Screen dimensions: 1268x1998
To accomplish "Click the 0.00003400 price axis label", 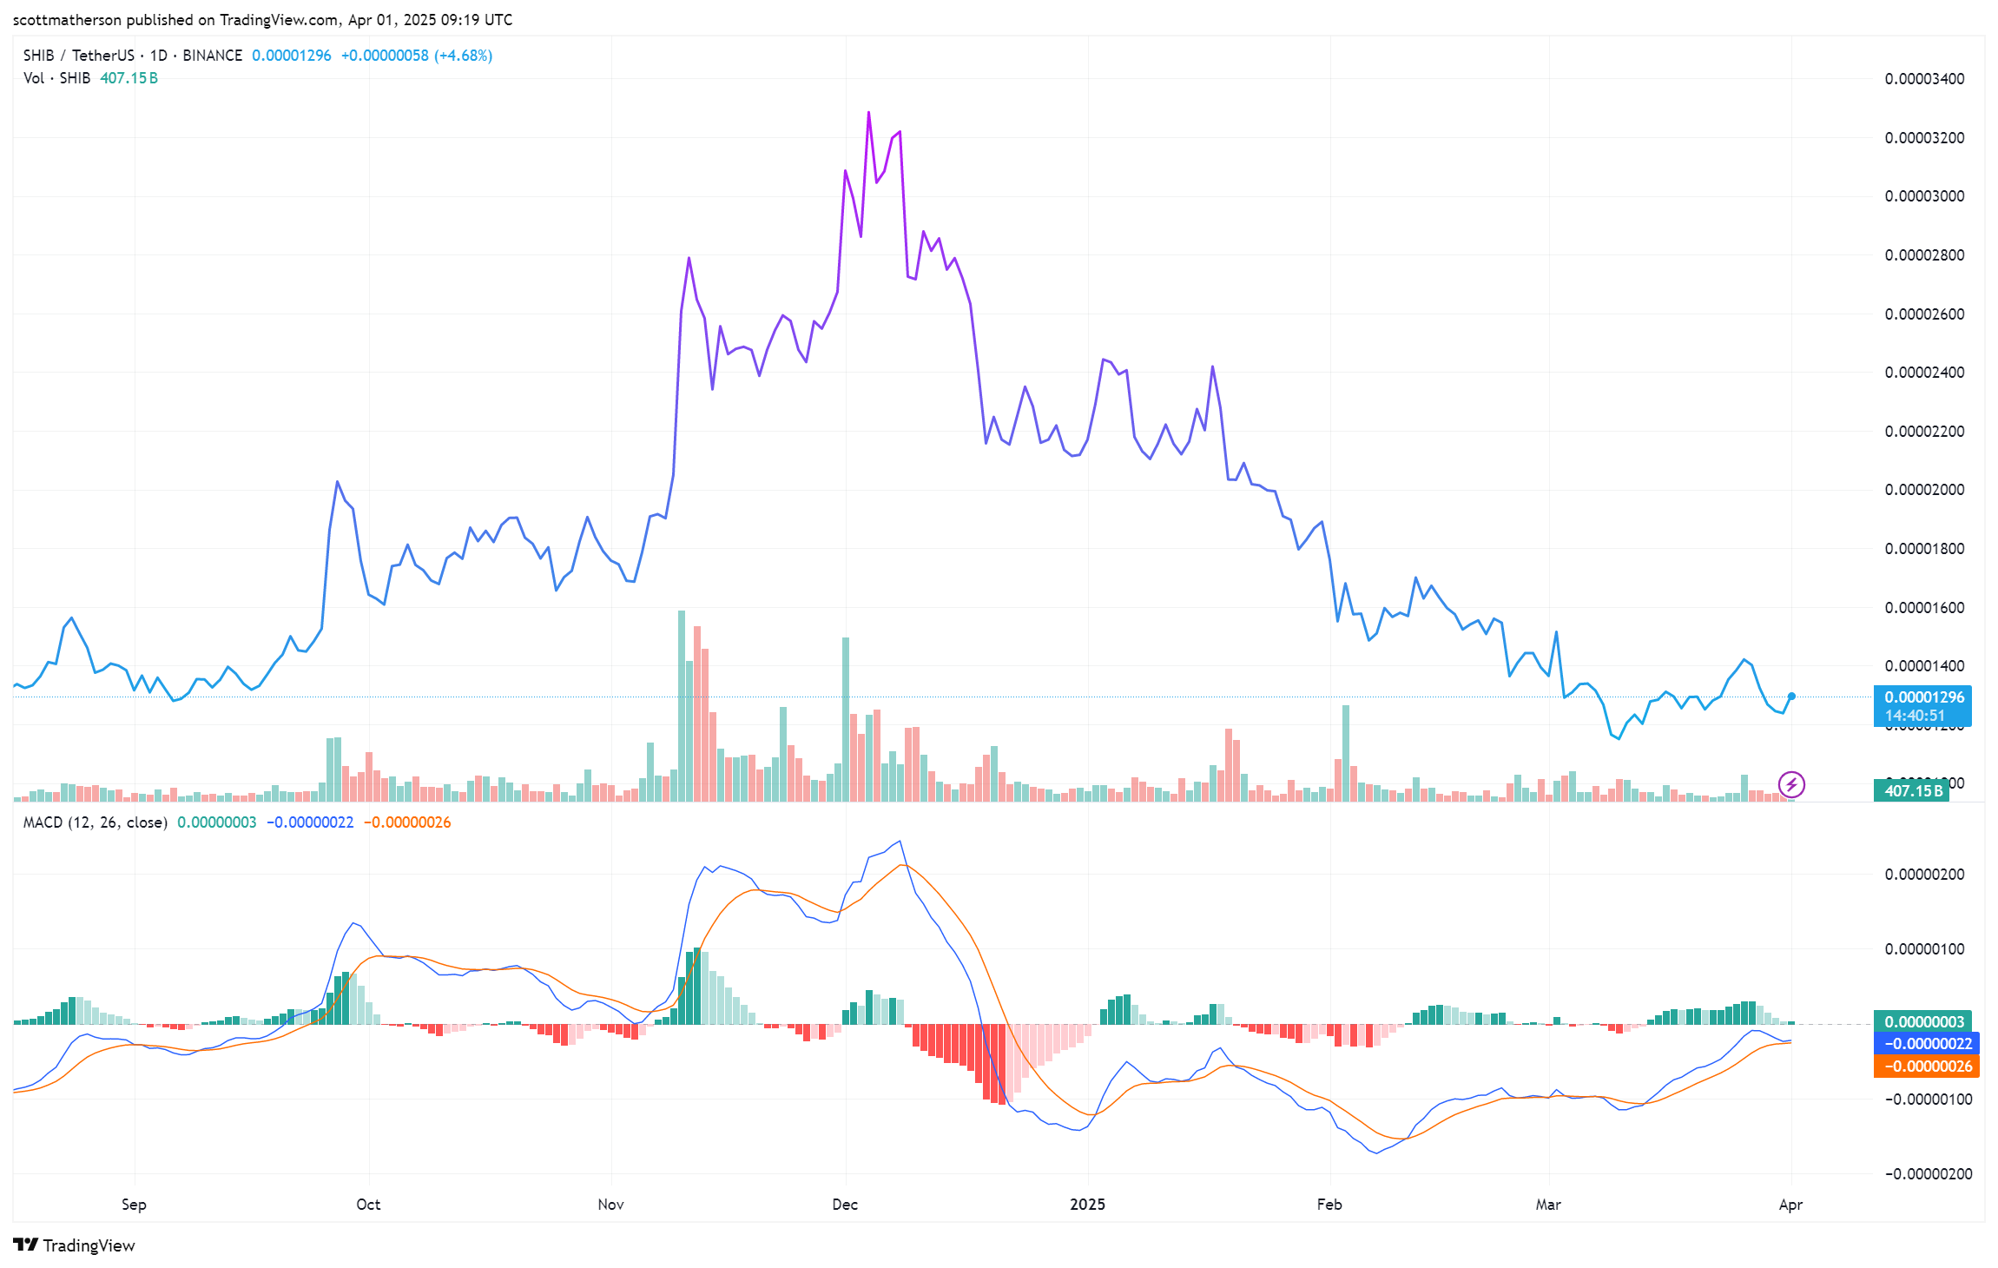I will point(1924,79).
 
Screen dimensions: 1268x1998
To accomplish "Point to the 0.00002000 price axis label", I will point(1924,490).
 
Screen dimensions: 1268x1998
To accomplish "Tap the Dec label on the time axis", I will point(845,1205).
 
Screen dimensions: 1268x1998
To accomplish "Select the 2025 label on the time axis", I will point(1087,1205).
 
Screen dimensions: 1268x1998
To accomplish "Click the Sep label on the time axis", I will point(134,1205).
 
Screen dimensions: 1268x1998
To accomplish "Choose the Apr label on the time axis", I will point(1790,1205).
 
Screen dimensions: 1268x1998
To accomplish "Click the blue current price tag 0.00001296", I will point(1923,697).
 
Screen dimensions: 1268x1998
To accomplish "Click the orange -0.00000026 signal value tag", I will point(1927,1067).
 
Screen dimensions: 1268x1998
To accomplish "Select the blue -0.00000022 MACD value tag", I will point(1927,1044).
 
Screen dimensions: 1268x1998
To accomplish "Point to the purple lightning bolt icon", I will point(1791,785).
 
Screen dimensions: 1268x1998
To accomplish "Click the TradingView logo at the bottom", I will point(75,1245).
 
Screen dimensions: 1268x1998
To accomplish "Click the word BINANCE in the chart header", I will point(212,56).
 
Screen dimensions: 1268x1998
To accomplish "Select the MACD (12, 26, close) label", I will point(96,822).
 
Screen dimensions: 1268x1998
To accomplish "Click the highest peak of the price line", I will point(868,113).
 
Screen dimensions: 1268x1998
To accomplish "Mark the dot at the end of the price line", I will point(1791,697).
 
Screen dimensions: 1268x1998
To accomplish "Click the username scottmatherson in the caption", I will point(67,20).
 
